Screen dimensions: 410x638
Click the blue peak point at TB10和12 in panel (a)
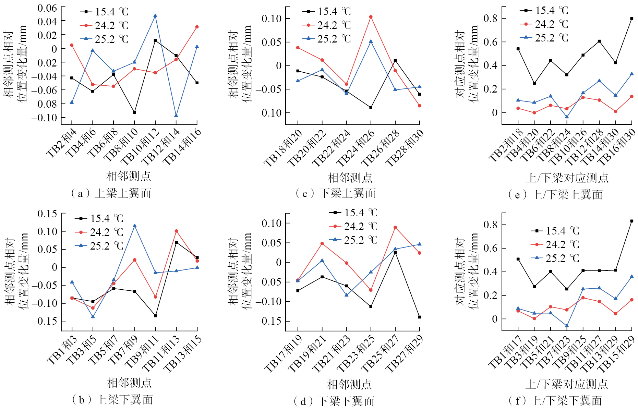(x=155, y=16)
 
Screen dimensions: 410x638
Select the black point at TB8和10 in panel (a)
(x=134, y=112)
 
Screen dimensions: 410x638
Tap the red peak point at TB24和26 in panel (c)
(x=371, y=17)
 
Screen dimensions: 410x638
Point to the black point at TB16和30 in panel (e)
(x=631, y=19)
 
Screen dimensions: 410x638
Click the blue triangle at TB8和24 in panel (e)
(x=567, y=117)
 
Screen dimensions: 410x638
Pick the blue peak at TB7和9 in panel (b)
(x=135, y=226)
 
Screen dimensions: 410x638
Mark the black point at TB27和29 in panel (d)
(x=419, y=317)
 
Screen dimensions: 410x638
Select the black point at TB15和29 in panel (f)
(x=631, y=221)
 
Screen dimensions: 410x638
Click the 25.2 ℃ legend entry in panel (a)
(x=105, y=39)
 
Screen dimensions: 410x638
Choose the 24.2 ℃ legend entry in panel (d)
(x=353, y=227)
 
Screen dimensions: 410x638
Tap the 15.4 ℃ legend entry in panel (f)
(x=555, y=231)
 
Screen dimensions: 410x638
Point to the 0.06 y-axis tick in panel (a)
(x=47, y=8)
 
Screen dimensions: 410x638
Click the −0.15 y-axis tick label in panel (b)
(x=45, y=321)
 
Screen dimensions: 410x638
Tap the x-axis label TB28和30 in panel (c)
(x=405, y=148)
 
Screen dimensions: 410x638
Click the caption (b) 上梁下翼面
(x=112, y=400)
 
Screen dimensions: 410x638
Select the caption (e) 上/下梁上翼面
(x=555, y=195)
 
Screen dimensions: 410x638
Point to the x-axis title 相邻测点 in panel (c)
(x=350, y=178)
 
